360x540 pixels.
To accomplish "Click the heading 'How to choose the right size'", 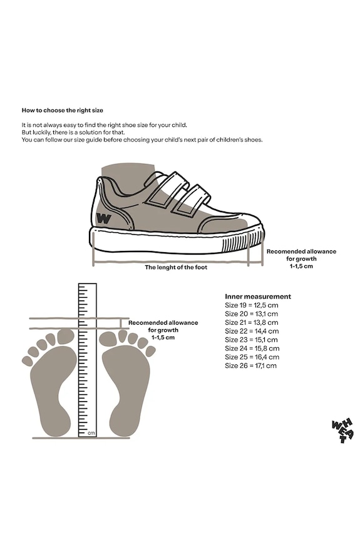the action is pos(63,111).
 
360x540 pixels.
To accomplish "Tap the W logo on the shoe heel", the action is pos(104,218).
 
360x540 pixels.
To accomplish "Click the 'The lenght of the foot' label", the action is pos(176,267).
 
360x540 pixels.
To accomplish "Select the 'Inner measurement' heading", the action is pos(258,297).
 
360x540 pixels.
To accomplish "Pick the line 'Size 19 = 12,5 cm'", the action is pos(252,305).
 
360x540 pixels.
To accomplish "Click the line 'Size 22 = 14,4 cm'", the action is pos(252,331).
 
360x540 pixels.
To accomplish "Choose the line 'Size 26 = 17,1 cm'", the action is pos(251,366).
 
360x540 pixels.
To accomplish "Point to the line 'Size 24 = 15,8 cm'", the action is pos(252,349).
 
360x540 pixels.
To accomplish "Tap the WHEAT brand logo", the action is pos(342,430).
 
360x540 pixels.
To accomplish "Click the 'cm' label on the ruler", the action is pos(91,433).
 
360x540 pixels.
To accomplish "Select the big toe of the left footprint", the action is pos(66,337).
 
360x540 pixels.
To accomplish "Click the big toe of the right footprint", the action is pos(108,339).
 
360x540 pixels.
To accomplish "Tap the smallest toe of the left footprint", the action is pos(27,360).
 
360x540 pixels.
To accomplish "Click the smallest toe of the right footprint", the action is pos(150,351).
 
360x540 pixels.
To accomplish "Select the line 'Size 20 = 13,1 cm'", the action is pos(252,313).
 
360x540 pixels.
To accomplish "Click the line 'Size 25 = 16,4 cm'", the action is pos(252,357).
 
